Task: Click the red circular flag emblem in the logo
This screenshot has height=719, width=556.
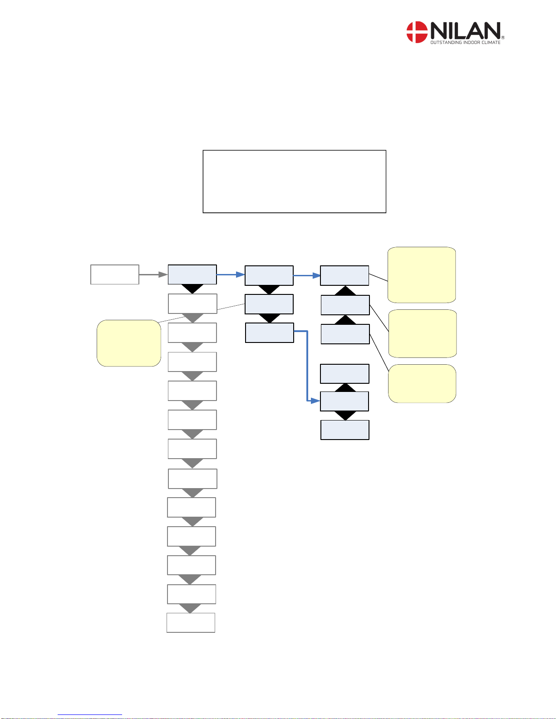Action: pyautogui.click(x=417, y=32)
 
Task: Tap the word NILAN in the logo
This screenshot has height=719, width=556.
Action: pyautogui.click(x=465, y=31)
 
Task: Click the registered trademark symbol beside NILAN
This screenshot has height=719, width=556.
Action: pyautogui.click(x=503, y=38)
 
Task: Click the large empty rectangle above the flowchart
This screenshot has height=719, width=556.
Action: pyautogui.click(x=294, y=181)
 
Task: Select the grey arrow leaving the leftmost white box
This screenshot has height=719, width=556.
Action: pyautogui.click(x=153, y=274)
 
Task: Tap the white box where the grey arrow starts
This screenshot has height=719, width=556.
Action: pyautogui.click(x=115, y=274)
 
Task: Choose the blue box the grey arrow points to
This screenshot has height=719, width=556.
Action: pyautogui.click(x=192, y=274)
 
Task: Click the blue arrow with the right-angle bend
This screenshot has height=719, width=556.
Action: pyautogui.click(x=307, y=363)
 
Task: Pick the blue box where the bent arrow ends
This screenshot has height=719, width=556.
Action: pyautogui.click(x=344, y=401)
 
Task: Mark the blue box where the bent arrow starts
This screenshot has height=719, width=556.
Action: pyautogui.click(x=270, y=333)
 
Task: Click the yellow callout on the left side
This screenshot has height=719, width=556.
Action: pyautogui.click(x=129, y=343)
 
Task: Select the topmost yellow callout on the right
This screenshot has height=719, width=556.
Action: pyautogui.click(x=422, y=275)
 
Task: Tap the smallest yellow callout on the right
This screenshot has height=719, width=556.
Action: pyautogui.click(x=422, y=383)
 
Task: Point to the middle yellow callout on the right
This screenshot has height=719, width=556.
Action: pyautogui.click(x=423, y=333)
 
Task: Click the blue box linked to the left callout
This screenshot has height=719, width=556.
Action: pyautogui.click(x=269, y=304)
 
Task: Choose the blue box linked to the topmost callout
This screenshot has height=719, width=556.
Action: pyautogui.click(x=344, y=275)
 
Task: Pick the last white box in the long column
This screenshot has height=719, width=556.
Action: pyautogui.click(x=191, y=622)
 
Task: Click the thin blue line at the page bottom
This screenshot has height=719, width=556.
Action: pyautogui.click(x=90, y=715)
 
